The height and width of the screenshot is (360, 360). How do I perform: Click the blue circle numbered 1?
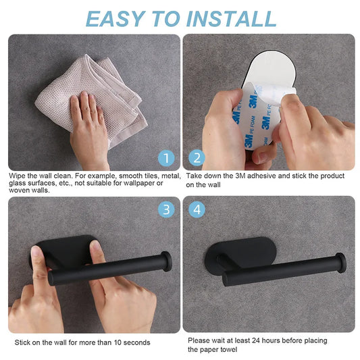click(166, 158)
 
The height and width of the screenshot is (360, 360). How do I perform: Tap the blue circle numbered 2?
click(197, 158)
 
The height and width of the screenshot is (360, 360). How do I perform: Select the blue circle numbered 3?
click(166, 209)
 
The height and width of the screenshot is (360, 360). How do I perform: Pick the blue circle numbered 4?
click(197, 209)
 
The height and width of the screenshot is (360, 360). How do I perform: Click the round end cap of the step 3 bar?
click(165, 261)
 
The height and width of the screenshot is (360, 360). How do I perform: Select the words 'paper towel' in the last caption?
click(220, 349)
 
